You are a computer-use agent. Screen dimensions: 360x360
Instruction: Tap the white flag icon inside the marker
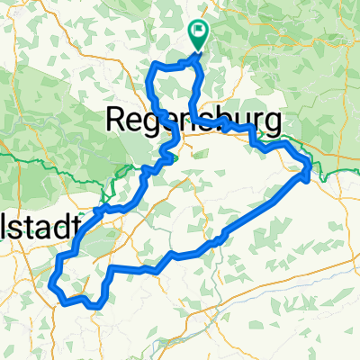click(x=198, y=30)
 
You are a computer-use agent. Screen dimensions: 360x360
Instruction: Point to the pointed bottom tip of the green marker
click(x=198, y=49)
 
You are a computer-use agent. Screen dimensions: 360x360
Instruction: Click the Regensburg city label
click(x=193, y=119)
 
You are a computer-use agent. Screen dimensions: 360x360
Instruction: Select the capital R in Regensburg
click(x=117, y=118)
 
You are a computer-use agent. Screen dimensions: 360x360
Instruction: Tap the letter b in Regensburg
click(x=222, y=118)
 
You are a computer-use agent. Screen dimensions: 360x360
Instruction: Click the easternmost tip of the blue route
click(x=311, y=169)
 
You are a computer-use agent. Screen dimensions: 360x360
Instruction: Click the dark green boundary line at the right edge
click(x=346, y=169)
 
